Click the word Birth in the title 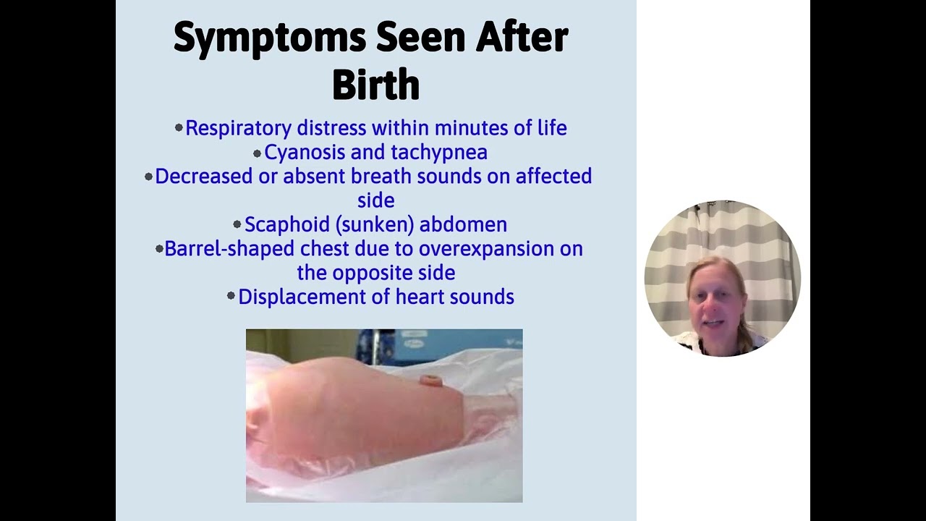pyautogui.click(x=375, y=85)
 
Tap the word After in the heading pyautogui.click(x=522, y=38)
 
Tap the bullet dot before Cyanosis pyautogui.click(x=257, y=153)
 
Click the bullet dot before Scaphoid pyautogui.click(x=237, y=225)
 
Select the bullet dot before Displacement pyautogui.click(x=231, y=296)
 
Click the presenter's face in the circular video pyautogui.click(x=715, y=308)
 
